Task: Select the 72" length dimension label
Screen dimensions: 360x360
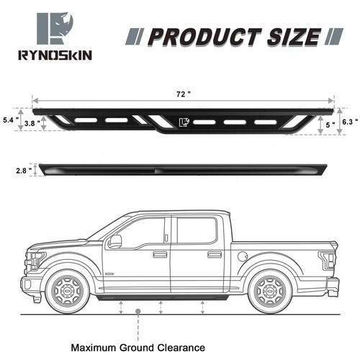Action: click(x=188, y=94)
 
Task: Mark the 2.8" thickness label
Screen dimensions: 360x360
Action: click(x=22, y=171)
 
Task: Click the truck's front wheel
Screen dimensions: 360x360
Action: click(x=68, y=290)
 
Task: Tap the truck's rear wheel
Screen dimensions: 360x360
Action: click(x=269, y=290)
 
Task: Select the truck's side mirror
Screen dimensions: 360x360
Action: click(x=114, y=241)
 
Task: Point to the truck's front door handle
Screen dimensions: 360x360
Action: click(x=160, y=254)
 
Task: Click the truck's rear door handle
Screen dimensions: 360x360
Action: click(x=215, y=254)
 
